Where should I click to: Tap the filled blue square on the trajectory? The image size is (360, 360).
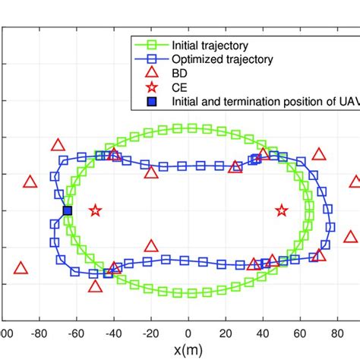pos(67,210)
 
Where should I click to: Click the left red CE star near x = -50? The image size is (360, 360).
pos(95,210)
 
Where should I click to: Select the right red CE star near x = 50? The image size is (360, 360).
pos(282,210)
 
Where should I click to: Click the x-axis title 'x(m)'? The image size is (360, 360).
pos(188,350)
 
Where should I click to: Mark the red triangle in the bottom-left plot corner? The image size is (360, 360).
pos(21,267)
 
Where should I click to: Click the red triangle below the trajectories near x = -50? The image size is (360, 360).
pos(95,286)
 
